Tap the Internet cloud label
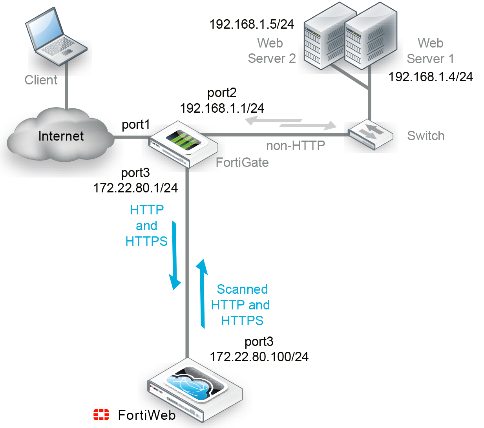click(61, 136)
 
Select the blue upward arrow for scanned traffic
click(202, 293)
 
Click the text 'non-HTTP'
click(296, 146)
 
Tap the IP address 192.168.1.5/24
click(252, 24)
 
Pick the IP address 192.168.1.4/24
click(431, 77)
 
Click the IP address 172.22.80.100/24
click(259, 357)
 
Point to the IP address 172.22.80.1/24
click(136, 188)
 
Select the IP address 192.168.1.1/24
click(222, 108)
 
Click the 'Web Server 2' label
click(271, 51)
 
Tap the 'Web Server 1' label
click(430, 51)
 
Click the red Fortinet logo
click(101, 414)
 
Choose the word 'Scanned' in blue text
click(242, 289)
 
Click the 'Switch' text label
click(426, 136)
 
